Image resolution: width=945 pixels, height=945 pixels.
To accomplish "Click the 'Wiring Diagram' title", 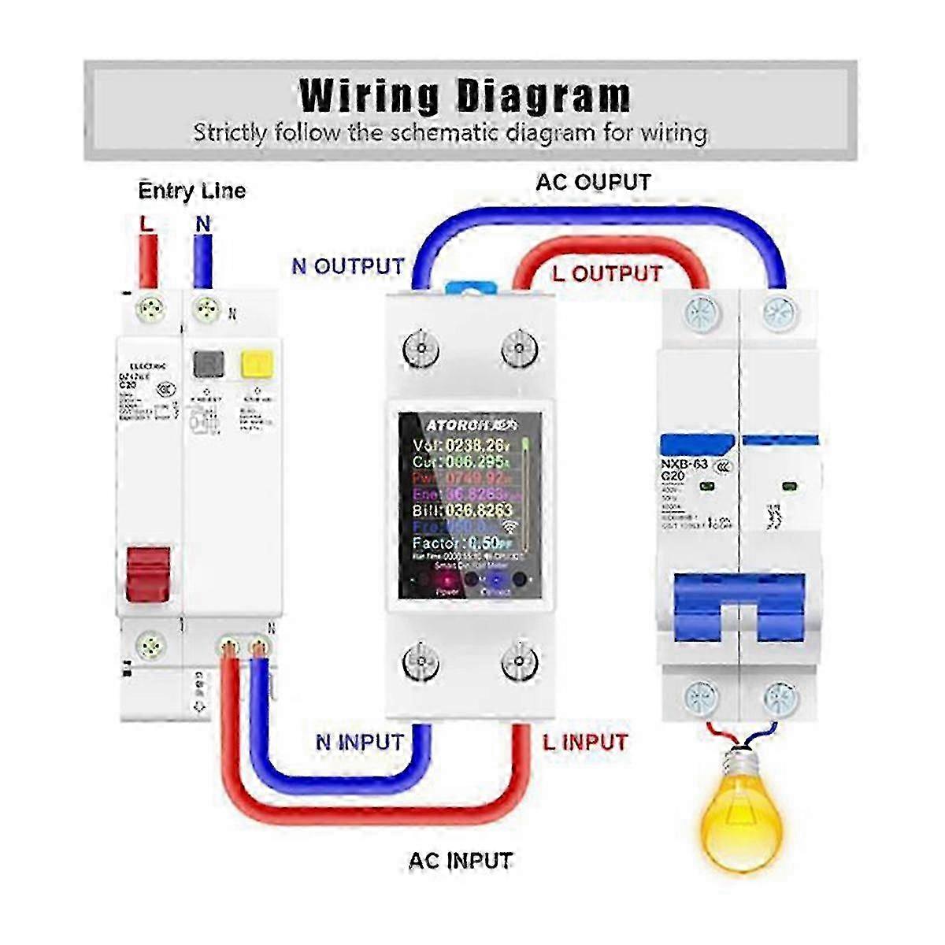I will coord(465,95).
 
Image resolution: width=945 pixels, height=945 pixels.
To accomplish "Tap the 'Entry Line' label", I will coord(191,191).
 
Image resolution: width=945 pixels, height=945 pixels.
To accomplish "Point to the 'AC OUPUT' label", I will coord(593,183).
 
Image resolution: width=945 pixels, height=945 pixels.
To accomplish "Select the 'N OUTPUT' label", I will coord(347,266).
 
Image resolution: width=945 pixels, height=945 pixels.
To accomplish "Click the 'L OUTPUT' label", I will coord(606,274).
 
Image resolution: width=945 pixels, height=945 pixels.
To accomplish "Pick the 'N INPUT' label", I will coord(359,742).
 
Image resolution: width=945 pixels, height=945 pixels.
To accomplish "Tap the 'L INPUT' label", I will coord(585,742).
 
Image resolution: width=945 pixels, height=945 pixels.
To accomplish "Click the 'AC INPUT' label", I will coord(460,861).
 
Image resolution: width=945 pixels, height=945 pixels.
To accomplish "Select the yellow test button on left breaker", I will coord(256,364).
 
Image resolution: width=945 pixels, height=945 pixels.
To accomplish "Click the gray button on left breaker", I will coord(209,364).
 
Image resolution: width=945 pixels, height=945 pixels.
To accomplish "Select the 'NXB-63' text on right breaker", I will coord(685,465).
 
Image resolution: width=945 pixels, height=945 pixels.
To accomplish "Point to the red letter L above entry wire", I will coord(146,224).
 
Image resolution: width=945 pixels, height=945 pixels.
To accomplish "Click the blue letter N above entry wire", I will coord(203,224).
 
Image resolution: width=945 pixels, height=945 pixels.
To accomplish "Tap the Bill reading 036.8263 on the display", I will coord(461,510).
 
